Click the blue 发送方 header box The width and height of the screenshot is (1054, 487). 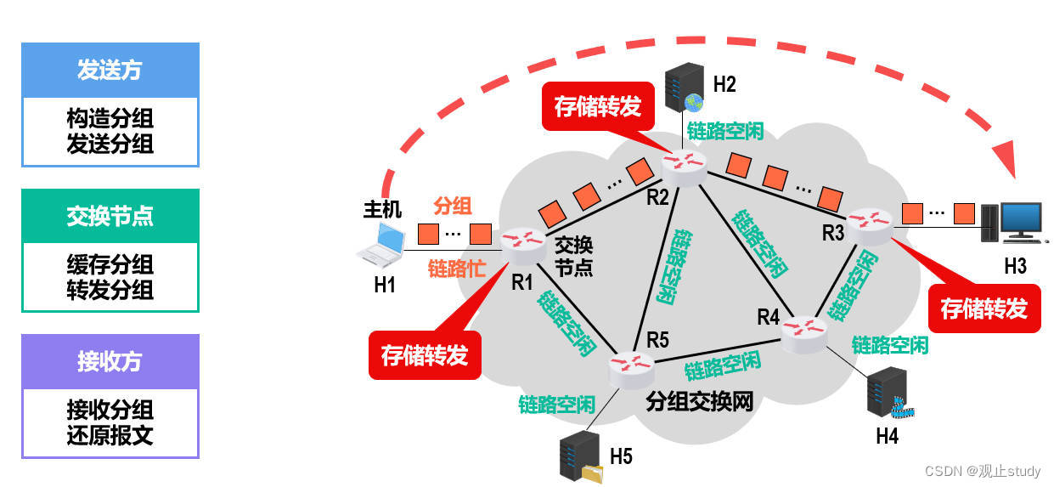point(110,70)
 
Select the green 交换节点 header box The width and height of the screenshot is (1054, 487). point(110,216)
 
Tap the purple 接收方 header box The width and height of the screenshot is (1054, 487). point(110,361)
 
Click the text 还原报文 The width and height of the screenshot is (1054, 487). point(110,436)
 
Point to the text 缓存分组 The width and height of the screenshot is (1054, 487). point(110,264)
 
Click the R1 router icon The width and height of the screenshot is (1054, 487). point(522,245)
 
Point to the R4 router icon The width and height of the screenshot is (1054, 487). point(803,331)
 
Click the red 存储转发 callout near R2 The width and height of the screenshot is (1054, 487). point(597,106)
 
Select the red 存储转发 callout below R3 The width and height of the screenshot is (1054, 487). point(984,309)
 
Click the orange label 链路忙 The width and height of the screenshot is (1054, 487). point(457,269)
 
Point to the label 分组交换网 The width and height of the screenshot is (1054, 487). point(700,401)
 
